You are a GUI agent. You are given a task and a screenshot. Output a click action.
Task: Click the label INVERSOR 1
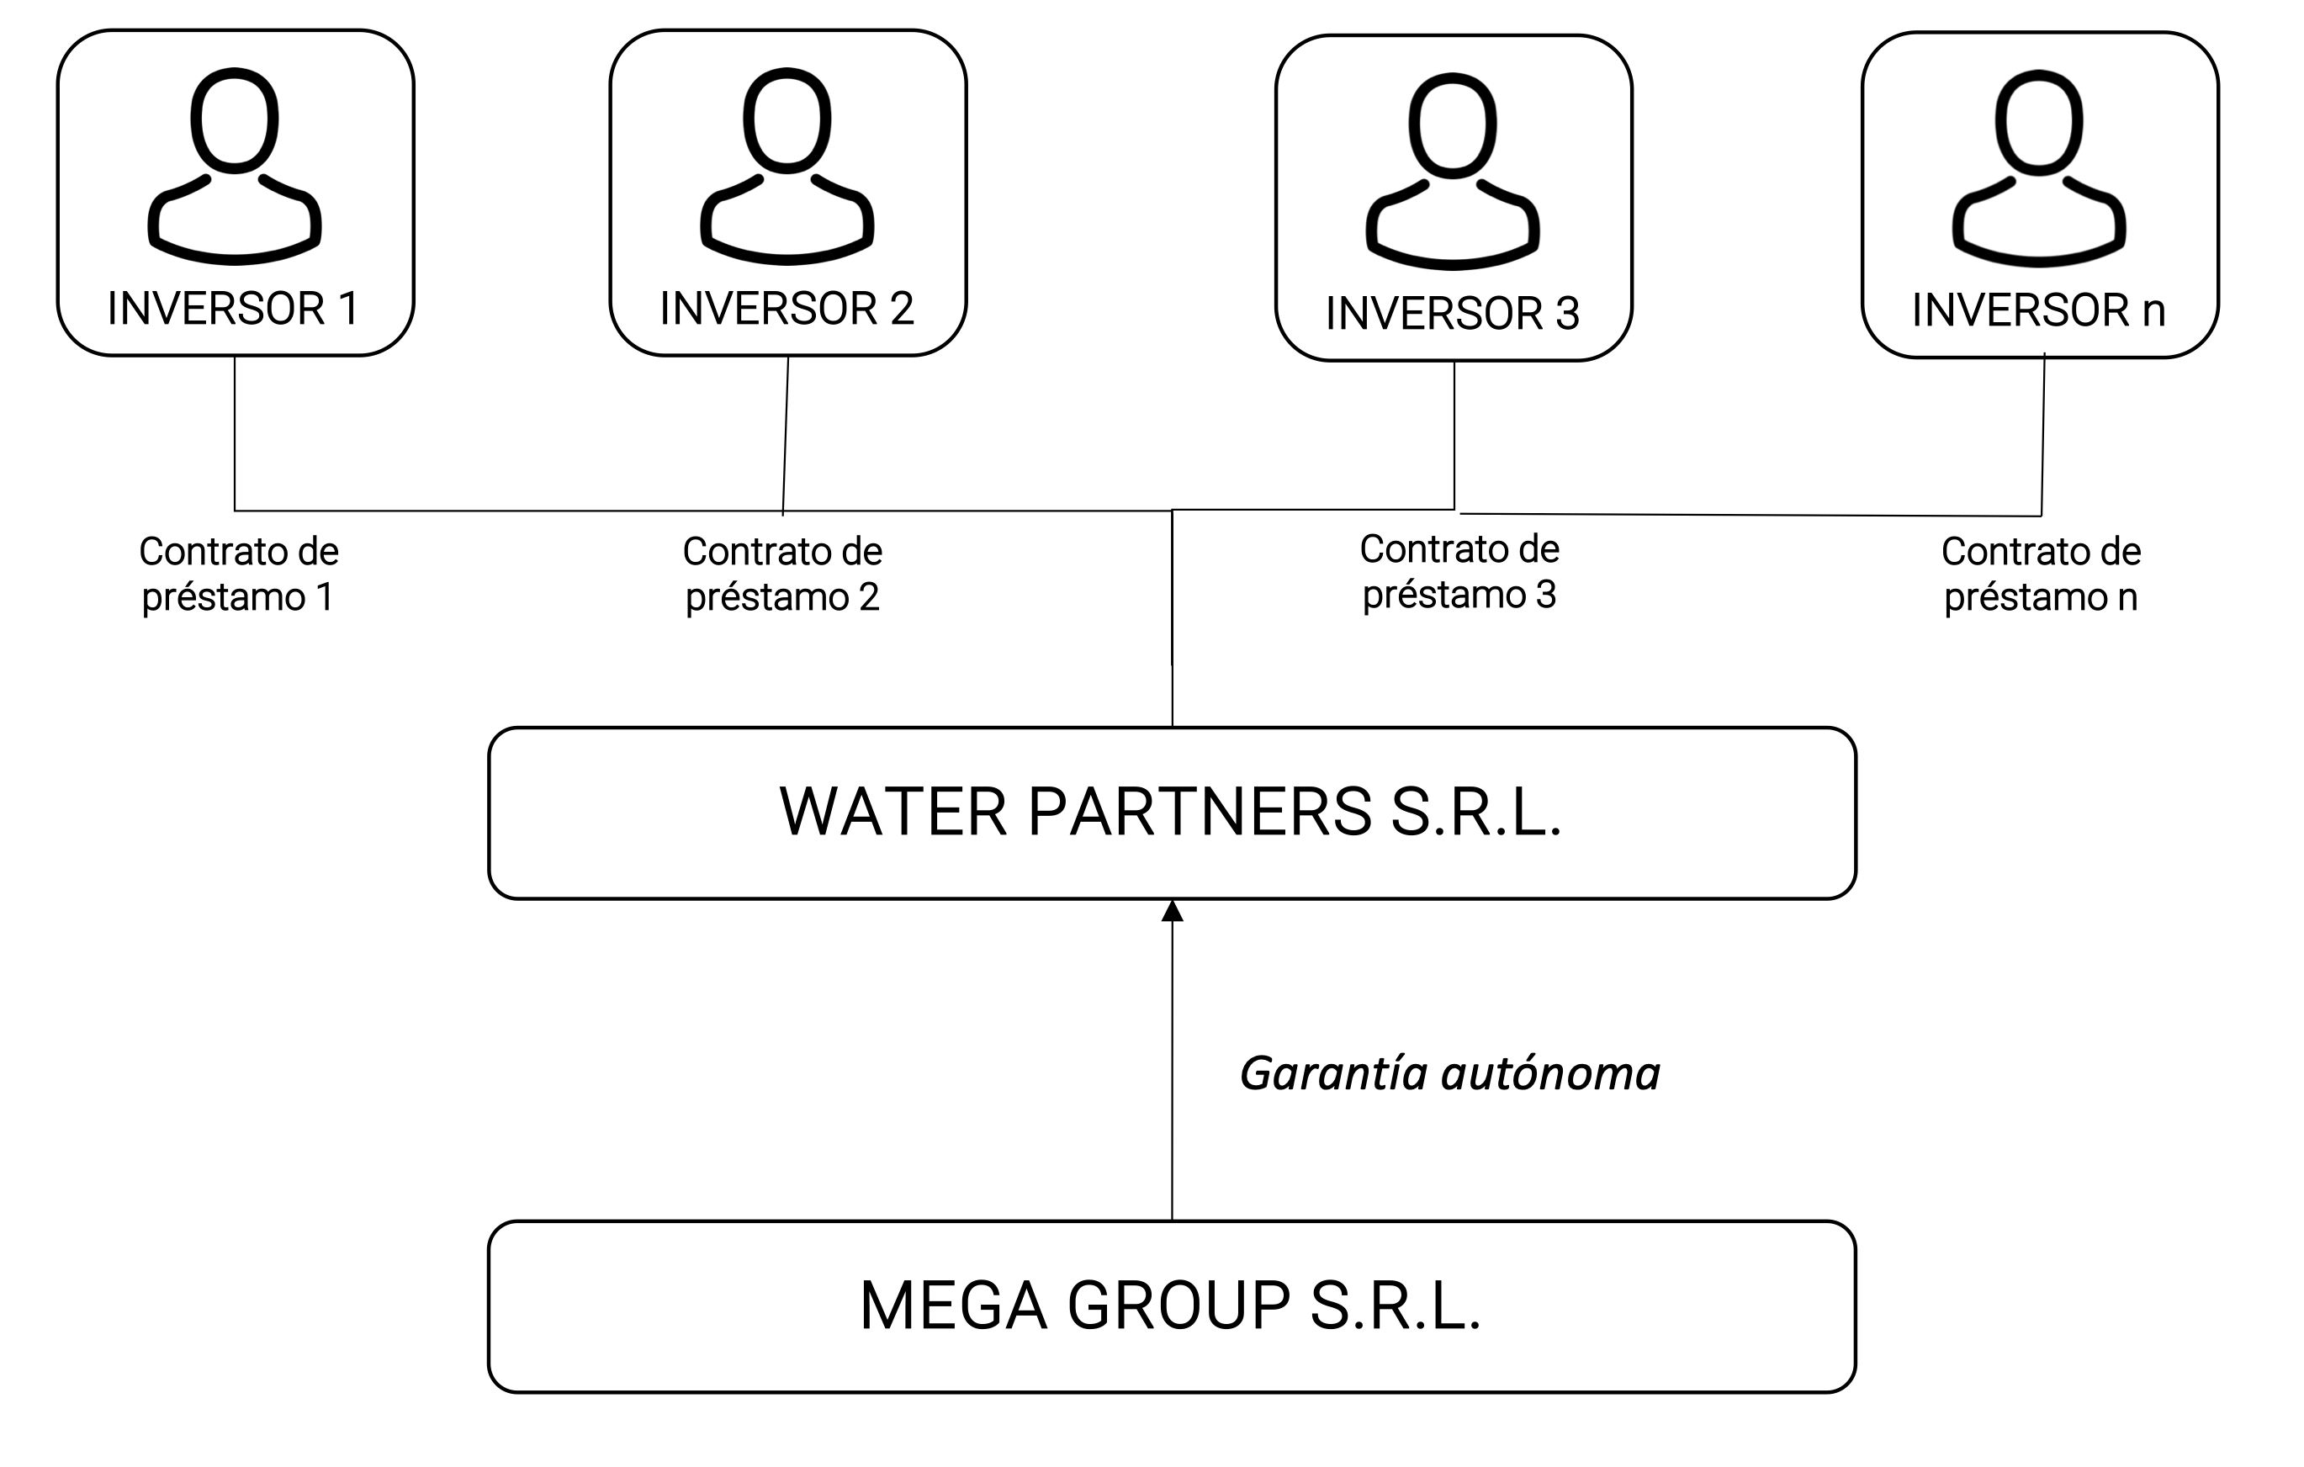click(x=234, y=308)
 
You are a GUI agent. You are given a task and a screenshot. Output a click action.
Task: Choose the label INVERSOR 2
click(x=787, y=308)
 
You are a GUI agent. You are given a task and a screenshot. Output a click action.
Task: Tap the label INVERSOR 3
click(x=1453, y=313)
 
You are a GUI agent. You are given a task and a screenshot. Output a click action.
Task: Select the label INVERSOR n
click(x=2039, y=310)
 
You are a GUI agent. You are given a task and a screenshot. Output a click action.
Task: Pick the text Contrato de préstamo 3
click(x=1459, y=572)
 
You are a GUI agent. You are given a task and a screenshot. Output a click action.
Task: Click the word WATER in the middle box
click(x=893, y=812)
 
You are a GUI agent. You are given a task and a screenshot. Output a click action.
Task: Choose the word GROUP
click(x=1178, y=1305)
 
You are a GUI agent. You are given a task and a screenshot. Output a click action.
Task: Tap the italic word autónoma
click(x=1551, y=1073)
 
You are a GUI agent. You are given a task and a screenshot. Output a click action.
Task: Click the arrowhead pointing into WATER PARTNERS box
click(x=1172, y=911)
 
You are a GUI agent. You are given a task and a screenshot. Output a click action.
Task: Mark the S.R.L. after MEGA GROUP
click(x=1395, y=1305)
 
